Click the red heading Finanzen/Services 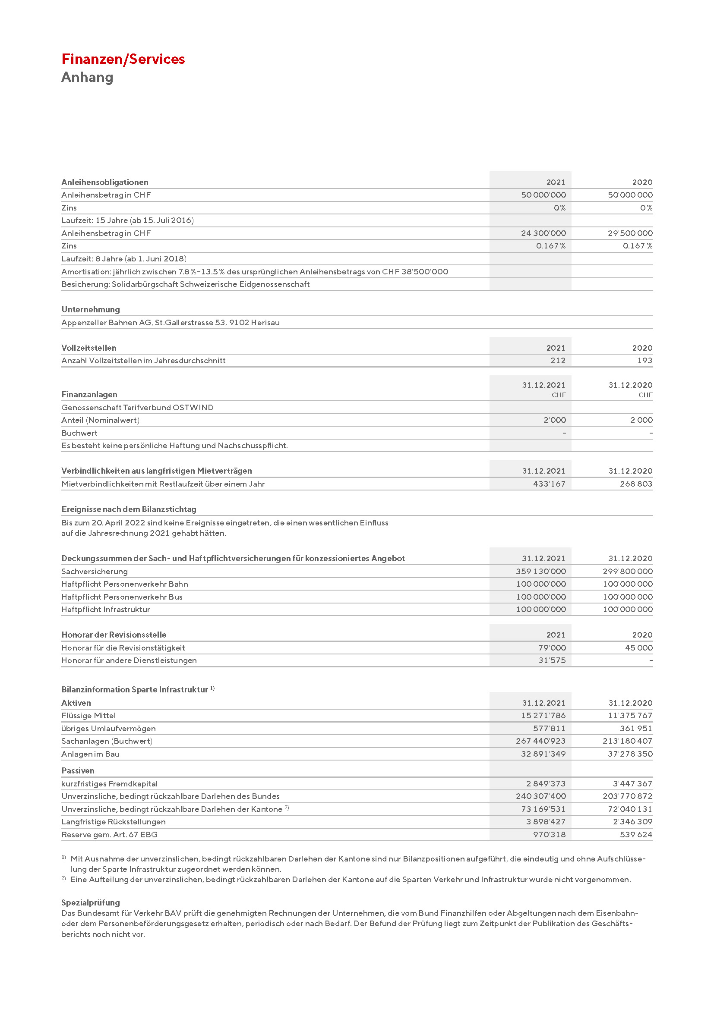click(123, 59)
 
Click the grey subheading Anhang click(87, 77)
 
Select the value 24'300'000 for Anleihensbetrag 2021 click(543, 233)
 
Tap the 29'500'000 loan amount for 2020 click(630, 233)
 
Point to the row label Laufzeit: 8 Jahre click(124, 259)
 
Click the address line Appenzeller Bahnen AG click(171, 323)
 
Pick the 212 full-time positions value click(558, 361)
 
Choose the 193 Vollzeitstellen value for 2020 click(644, 361)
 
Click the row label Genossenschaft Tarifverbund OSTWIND click(138, 407)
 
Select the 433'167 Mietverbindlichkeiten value click(549, 484)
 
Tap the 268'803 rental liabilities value click(636, 484)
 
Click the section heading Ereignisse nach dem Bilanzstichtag click(129, 509)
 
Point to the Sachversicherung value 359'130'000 click(541, 571)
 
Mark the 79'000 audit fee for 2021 click(552, 648)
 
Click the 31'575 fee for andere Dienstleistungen click(552, 660)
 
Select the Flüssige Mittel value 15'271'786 click(543, 715)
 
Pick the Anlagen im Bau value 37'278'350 click(630, 754)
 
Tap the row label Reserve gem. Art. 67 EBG click(110, 835)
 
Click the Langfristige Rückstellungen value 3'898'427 click(546, 822)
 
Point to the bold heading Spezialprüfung click(91, 902)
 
